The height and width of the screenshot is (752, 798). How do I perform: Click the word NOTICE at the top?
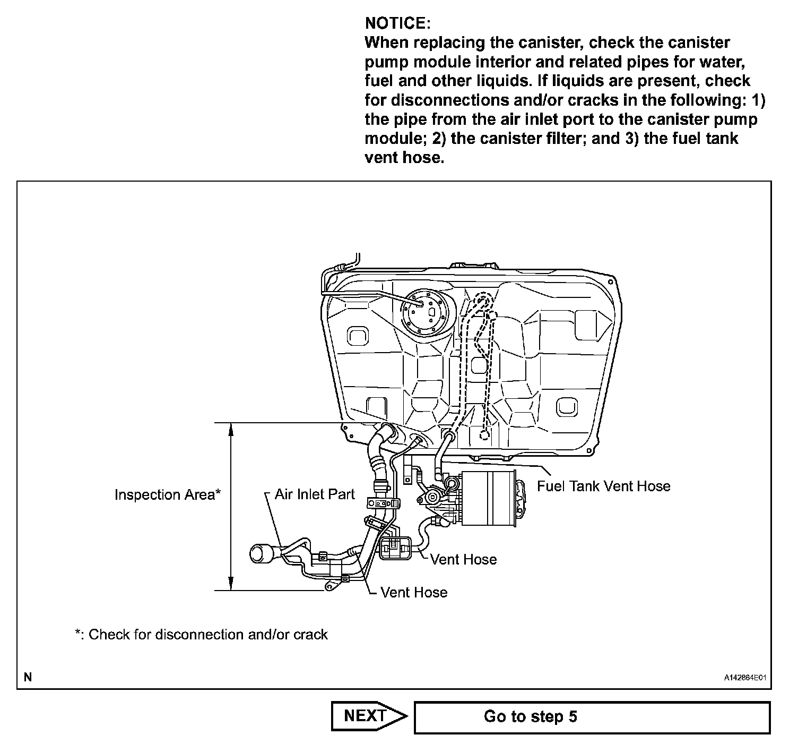[x=396, y=23]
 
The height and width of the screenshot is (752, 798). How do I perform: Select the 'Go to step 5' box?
[x=592, y=717]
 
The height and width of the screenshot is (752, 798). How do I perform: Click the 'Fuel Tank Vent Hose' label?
[x=604, y=486]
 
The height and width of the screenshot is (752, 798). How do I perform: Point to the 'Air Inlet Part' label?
[x=315, y=494]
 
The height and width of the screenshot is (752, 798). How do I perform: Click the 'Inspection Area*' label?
[x=167, y=495]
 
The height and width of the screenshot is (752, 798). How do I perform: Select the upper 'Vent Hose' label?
[x=463, y=559]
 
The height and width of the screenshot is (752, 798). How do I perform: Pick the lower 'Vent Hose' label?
[x=414, y=593]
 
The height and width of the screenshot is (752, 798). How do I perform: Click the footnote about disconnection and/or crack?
[x=202, y=635]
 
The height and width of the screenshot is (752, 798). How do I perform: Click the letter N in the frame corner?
[x=28, y=677]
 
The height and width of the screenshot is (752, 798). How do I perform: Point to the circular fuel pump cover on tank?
[x=424, y=313]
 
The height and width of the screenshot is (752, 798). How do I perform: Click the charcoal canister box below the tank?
[x=488, y=498]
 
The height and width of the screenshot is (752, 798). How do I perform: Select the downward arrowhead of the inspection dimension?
[x=231, y=583]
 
